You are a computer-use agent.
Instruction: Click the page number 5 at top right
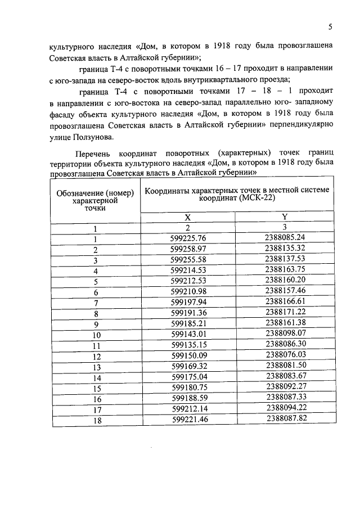tap(330, 26)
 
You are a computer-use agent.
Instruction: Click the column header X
tap(188, 217)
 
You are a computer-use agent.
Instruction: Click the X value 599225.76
tap(188, 238)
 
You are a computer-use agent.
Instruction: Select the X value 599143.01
tap(188, 335)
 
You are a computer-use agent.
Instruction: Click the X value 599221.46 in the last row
tap(188, 419)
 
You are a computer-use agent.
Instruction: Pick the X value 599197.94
tap(188, 302)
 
